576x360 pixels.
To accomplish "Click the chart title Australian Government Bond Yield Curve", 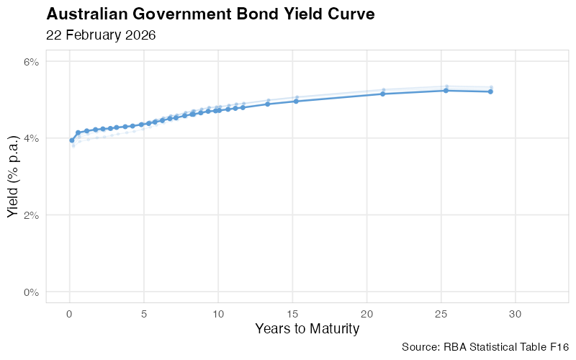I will pos(210,14).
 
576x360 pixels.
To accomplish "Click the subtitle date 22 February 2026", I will pos(101,35).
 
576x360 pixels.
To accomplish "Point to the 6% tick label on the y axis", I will pos(32,62).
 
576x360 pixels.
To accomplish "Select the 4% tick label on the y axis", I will pos(32,138).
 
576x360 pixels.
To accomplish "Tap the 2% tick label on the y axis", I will pos(32,215).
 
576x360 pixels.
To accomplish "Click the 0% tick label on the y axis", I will pos(32,292).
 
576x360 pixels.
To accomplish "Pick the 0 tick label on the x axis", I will pos(69,314).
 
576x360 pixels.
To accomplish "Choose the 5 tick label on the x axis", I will pos(144,314).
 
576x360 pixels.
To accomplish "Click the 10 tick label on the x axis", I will pos(218,314).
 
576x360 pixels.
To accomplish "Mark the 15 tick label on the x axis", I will pos(293,314).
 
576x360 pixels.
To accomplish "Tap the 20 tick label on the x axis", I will pos(367,314).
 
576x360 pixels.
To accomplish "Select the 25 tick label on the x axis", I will pos(442,314).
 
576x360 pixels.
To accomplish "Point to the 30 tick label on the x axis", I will pos(516,314).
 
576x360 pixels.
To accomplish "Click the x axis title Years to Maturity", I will pos(307,329).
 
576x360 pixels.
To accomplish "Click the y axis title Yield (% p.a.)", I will pos(13,177).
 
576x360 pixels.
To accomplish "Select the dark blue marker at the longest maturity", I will pos(490,91).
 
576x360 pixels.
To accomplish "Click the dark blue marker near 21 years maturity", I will pos(382,94).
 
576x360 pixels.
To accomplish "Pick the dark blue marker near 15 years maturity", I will pos(296,101).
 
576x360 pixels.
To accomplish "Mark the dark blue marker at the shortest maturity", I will pos(71,140).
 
